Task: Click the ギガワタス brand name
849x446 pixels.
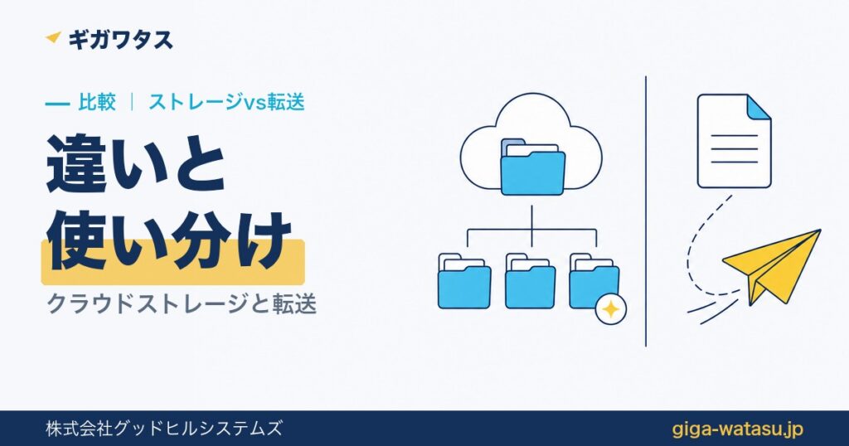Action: click(x=121, y=40)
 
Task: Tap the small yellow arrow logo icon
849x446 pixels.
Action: click(x=54, y=37)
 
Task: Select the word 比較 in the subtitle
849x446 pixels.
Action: click(x=97, y=102)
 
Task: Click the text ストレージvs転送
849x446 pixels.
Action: click(x=227, y=102)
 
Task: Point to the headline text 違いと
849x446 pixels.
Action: click(x=136, y=164)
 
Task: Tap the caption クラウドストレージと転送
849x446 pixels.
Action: click(x=182, y=303)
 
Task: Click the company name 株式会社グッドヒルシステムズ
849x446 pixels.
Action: click(x=163, y=429)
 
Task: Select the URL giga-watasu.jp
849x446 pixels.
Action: click(x=737, y=429)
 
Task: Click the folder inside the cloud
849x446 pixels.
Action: click(x=533, y=167)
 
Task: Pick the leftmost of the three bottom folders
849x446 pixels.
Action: click(x=464, y=281)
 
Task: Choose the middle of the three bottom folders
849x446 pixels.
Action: click(x=530, y=281)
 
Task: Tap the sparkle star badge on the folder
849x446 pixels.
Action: click(x=611, y=309)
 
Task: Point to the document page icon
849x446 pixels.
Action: click(x=734, y=141)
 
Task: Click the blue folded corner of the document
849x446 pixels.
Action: click(x=759, y=106)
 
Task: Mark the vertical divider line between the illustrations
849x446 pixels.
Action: click(x=645, y=211)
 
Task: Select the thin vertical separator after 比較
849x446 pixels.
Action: click(x=132, y=102)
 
